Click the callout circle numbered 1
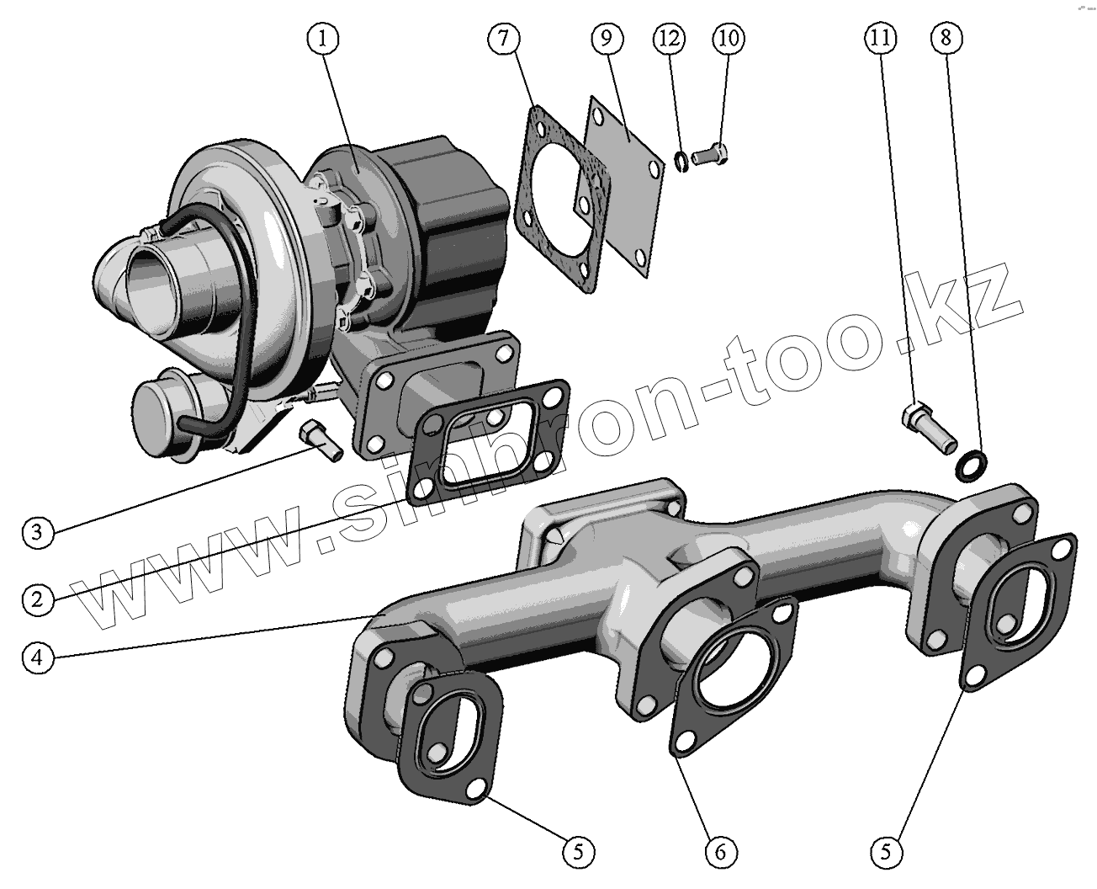(325, 38)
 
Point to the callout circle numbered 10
(729, 38)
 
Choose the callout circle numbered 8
(946, 38)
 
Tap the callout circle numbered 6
(720, 852)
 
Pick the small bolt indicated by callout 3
(321, 439)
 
